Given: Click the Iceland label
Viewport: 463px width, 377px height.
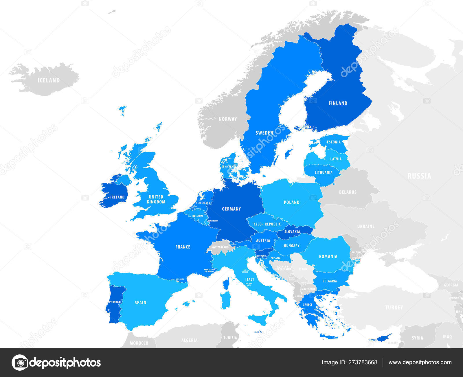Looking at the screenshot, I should click(49, 80).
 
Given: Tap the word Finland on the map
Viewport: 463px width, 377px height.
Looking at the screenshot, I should click(338, 103).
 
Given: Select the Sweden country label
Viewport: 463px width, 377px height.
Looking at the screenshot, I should click(264, 133).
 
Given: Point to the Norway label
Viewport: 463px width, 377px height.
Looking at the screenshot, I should click(228, 119).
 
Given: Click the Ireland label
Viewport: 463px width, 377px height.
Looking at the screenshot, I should click(117, 197).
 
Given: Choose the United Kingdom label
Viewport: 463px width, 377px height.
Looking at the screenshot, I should click(156, 199).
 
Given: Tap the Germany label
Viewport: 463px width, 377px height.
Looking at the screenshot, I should click(231, 209).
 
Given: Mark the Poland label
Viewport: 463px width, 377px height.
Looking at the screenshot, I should click(291, 202).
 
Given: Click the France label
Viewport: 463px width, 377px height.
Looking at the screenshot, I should click(183, 247).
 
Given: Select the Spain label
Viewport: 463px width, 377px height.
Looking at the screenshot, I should click(140, 302).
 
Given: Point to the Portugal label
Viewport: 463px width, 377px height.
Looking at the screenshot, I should click(115, 302).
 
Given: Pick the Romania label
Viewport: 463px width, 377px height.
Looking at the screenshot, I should click(328, 256).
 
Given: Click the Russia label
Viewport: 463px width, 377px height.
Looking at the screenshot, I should click(419, 176).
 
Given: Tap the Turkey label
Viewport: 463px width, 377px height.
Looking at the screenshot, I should click(394, 307).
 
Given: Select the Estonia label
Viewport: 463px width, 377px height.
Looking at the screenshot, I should click(334, 142).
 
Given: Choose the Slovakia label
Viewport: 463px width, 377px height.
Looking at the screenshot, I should click(292, 232).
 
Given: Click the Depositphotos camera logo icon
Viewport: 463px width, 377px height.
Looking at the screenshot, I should click(20, 362).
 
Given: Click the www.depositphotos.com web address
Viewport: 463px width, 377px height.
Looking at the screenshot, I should click(420, 362).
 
